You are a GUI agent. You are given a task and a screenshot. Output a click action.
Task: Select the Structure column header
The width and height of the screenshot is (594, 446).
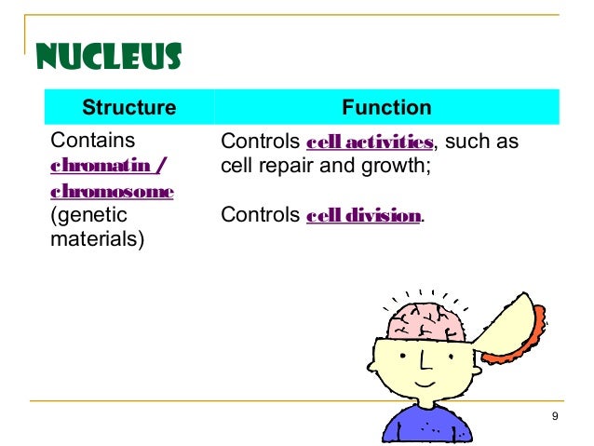point(128,107)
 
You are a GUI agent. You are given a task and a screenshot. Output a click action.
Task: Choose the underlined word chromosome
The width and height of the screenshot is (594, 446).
point(111,192)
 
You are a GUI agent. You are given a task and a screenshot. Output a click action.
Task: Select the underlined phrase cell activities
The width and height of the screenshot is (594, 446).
point(371,143)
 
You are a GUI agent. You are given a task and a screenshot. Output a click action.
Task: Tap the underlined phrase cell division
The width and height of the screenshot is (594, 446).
point(364,216)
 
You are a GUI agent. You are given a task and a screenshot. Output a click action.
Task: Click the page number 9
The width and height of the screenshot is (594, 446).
point(555,415)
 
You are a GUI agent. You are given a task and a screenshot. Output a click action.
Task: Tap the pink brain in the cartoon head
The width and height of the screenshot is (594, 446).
point(427,316)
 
